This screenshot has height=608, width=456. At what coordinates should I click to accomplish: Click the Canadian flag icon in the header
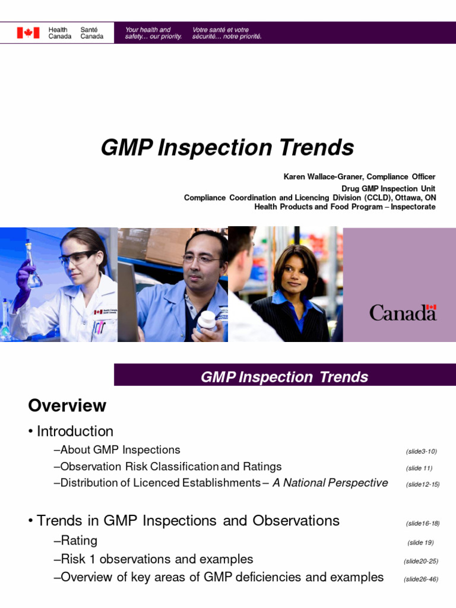tap(28, 33)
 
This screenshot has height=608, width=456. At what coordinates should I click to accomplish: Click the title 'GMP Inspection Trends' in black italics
tap(227, 147)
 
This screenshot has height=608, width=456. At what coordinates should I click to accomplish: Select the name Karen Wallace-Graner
tap(318, 177)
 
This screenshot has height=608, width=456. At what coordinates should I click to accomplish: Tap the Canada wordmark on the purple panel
tap(403, 312)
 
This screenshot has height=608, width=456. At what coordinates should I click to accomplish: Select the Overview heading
tap(67, 406)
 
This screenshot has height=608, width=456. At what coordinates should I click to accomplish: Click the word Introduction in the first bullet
tap(75, 432)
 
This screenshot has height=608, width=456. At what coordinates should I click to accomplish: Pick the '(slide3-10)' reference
tap(421, 451)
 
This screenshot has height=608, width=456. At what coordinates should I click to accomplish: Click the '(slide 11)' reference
tap(421, 468)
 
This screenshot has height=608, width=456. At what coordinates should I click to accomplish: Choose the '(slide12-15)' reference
tap(422, 484)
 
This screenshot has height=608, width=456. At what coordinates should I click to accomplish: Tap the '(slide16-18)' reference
tap(422, 523)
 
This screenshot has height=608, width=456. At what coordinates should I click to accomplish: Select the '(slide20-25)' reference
tap(421, 561)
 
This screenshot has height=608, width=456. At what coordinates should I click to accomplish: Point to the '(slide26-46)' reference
tap(421, 579)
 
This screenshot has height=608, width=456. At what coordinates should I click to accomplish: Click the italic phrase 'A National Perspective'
tap(330, 483)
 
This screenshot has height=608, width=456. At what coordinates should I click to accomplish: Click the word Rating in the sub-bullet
tap(79, 541)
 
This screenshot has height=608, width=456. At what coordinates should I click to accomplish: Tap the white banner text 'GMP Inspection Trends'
tap(284, 377)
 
